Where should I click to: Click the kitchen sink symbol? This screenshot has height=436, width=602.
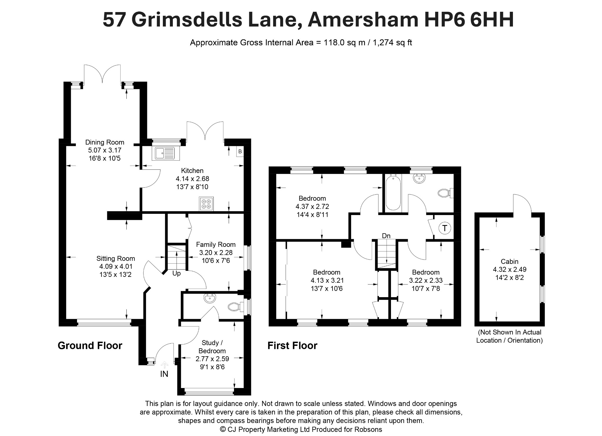(x=166, y=153)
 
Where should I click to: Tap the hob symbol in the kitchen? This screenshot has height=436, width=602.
(x=206, y=204)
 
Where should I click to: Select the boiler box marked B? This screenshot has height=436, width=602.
(x=240, y=152)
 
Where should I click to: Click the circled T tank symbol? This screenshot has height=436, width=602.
(x=445, y=228)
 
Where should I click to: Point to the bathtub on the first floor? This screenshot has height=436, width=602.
(x=393, y=192)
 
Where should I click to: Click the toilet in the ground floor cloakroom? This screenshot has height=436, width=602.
(x=236, y=307)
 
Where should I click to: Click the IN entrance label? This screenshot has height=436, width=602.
(x=164, y=374)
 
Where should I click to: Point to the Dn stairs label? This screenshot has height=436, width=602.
(x=386, y=236)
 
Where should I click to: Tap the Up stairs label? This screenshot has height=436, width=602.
(x=176, y=274)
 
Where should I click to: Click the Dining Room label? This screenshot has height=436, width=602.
(x=105, y=142)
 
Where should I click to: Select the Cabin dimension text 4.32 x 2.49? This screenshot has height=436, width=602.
(x=510, y=269)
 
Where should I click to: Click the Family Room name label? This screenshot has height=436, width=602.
(x=216, y=244)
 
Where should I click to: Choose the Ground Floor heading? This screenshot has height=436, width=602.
(x=90, y=345)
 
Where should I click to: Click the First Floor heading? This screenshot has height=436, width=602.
(x=292, y=345)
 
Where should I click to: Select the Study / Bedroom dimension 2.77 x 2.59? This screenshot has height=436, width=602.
(x=212, y=359)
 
